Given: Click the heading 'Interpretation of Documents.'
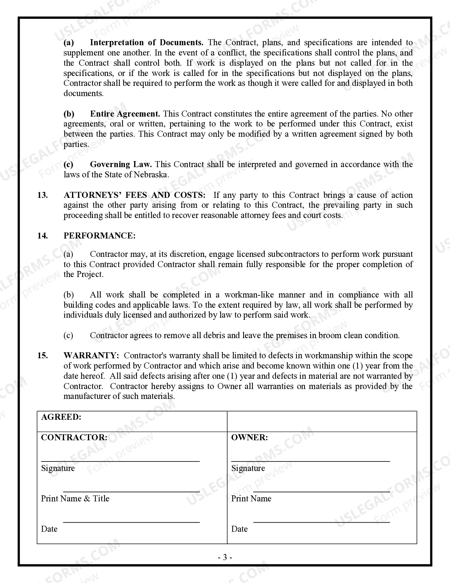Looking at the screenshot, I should click(146, 43).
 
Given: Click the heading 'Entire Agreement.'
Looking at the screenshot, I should click(125, 114).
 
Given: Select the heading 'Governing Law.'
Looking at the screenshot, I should click(121, 164).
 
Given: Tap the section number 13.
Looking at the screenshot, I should click(42, 195).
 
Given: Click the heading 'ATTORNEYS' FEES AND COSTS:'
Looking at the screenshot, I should click(134, 195).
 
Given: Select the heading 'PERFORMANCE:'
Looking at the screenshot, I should click(99, 236).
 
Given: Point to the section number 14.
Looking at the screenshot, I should click(42, 236).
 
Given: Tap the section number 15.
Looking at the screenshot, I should click(42, 355).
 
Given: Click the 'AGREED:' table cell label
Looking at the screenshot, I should click(61, 417).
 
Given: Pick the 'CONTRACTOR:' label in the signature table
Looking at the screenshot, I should click(74, 437).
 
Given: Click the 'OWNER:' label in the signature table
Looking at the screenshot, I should click(249, 437).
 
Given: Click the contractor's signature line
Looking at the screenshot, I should click(120, 461).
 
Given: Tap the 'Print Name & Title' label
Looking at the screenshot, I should click(75, 499).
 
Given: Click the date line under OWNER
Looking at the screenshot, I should click(321, 522).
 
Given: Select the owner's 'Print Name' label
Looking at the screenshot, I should click(251, 499).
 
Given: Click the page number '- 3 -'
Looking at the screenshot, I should click(225, 558).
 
